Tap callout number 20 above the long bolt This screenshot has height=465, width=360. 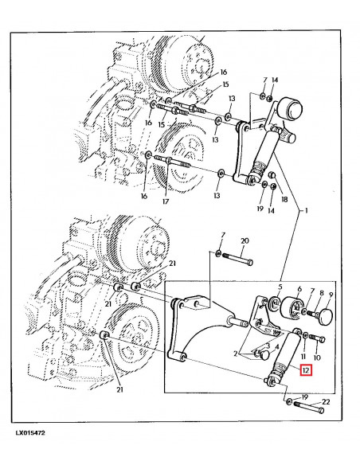[245, 241]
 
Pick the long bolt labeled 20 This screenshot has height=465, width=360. [238, 260]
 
